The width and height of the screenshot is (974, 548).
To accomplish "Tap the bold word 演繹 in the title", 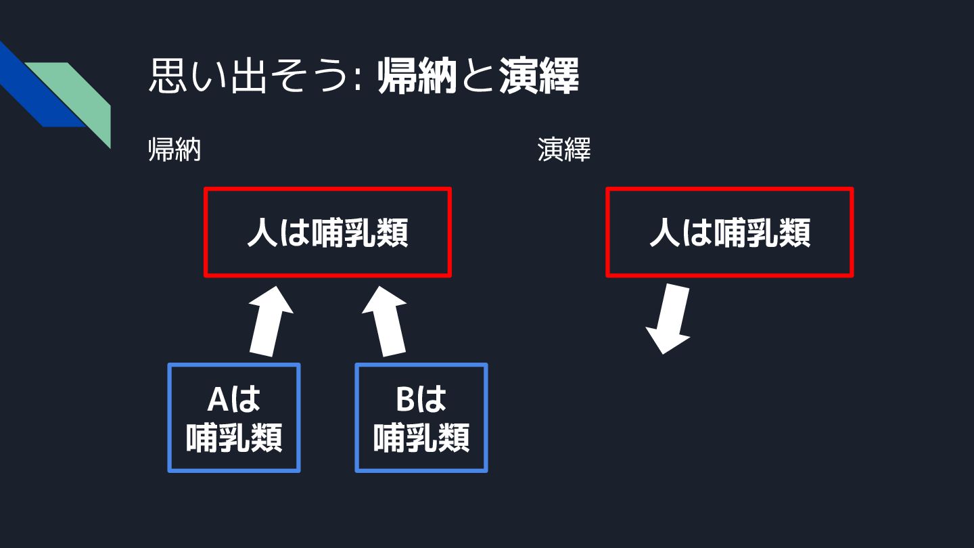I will pos(539,77).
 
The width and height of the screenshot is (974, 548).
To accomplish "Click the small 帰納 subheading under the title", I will pos(175,150).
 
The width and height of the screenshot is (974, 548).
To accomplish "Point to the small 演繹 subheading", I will pos(564,150).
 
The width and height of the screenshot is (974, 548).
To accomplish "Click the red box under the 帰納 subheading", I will pos(327,232).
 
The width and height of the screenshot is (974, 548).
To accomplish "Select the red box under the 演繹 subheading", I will pos(729,232).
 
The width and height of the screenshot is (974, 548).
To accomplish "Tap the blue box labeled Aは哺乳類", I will pos(233,417).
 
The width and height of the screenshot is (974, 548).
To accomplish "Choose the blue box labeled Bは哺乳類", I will pos(421,417).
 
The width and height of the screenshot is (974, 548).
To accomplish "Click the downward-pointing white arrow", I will pos(670,318).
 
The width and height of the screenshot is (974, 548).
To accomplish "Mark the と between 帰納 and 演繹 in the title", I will pos(477,77).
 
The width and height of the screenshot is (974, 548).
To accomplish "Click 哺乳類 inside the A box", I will pos(233,438).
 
